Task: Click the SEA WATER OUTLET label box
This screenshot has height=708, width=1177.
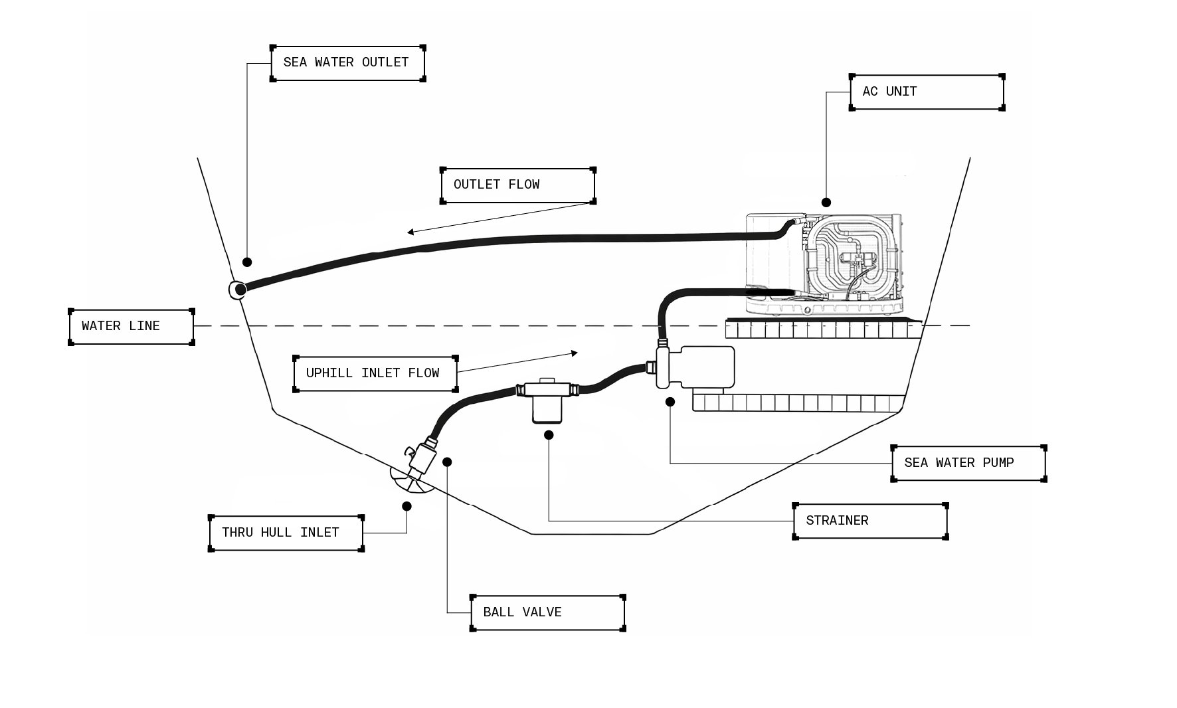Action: pyautogui.click(x=347, y=63)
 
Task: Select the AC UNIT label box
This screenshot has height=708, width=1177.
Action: pyautogui.click(x=927, y=92)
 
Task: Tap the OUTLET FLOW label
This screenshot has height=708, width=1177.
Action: pyautogui.click(x=517, y=185)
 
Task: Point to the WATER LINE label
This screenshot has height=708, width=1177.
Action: pyautogui.click(x=132, y=327)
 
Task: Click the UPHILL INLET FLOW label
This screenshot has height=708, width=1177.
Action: pyautogui.click(x=375, y=373)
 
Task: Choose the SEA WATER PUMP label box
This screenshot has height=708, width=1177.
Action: pyautogui.click(x=968, y=463)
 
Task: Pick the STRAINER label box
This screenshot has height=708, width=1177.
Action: pyautogui.click(x=870, y=521)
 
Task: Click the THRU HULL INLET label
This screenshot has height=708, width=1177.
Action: pyautogui.click(x=286, y=533)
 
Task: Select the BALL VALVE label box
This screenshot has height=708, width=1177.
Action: pyautogui.click(x=547, y=612)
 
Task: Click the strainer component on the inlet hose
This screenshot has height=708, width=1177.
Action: pyautogui.click(x=547, y=400)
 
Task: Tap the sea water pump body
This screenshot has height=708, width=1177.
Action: pyautogui.click(x=704, y=367)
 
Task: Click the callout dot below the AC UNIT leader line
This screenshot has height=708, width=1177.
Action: pyautogui.click(x=826, y=202)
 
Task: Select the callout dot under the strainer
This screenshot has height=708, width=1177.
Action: pyautogui.click(x=549, y=435)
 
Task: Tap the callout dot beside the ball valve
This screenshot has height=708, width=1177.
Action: pyautogui.click(x=447, y=462)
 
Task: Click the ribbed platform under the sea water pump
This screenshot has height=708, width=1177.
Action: pyautogui.click(x=797, y=402)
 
